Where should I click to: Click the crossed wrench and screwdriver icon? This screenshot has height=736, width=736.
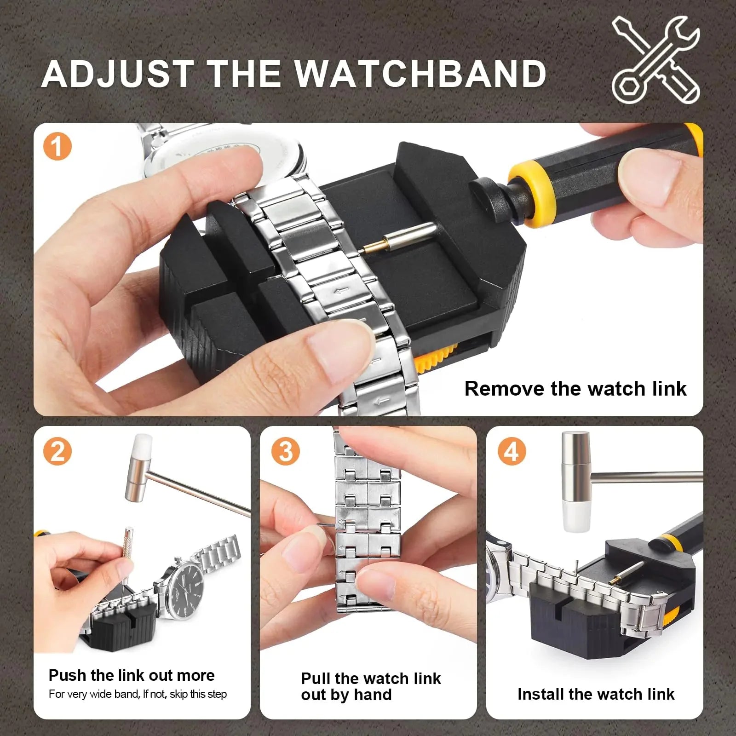tap(656, 60)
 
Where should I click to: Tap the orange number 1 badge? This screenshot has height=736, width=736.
tap(57, 147)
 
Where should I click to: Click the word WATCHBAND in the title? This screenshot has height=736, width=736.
tap(420, 74)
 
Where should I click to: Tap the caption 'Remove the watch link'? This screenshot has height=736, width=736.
tap(575, 389)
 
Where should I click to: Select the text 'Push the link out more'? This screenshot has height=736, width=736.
tap(132, 675)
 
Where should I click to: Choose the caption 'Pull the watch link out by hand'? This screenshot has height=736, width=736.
tap(370, 686)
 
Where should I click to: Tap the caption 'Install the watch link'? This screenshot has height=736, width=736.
tap(596, 694)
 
